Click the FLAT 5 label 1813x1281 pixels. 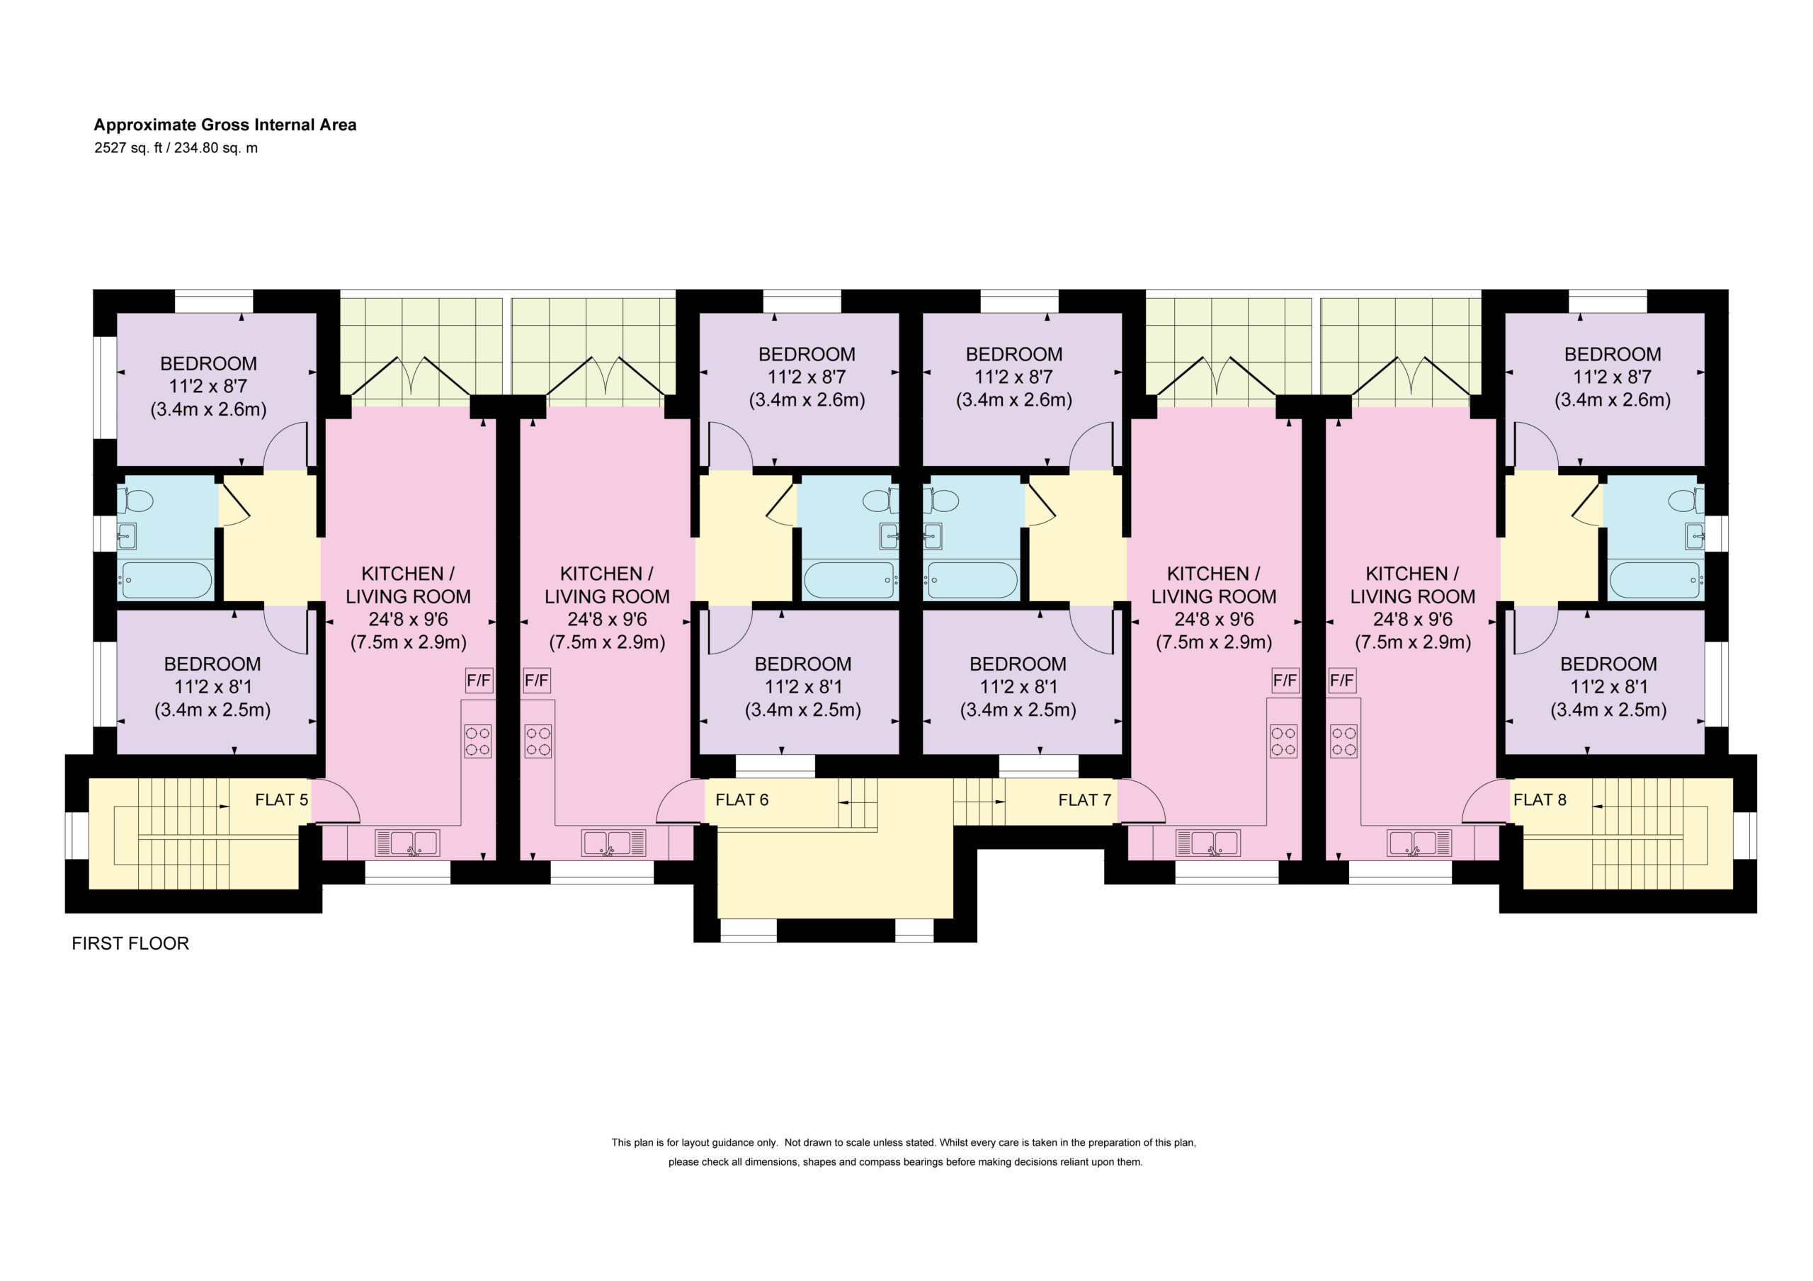[281, 800]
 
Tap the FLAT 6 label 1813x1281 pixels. [741, 800]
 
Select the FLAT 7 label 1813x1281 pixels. [1084, 800]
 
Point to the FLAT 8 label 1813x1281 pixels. [1539, 800]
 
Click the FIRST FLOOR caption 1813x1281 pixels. [130, 944]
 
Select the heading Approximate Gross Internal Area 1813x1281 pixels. [225, 125]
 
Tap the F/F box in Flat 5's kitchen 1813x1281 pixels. [479, 680]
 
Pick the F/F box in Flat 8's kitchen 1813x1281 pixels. [1341, 680]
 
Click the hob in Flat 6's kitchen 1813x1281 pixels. [538, 741]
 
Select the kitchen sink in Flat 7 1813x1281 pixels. [1207, 843]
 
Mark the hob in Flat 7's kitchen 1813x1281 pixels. [1284, 741]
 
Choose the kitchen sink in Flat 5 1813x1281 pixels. [407, 843]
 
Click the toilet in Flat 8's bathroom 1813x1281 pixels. [1686, 501]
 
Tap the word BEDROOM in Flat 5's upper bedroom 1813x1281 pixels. [208, 364]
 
